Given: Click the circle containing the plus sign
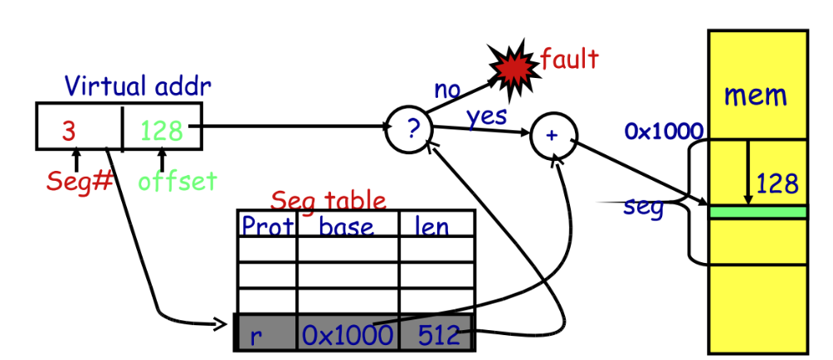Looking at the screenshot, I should [x=552, y=136].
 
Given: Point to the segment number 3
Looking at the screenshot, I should [x=71, y=130].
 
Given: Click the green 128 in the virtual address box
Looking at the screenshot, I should [x=161, y=130].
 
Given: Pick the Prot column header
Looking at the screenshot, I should [x=266, y=225].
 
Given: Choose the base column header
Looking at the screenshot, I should [x=347, y=226].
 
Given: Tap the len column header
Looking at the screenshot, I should [x=431, y=226].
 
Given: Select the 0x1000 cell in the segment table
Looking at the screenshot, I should [x=346, y=335].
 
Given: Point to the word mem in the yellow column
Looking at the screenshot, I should [x=755, y=95].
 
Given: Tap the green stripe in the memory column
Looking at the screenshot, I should [x=757, y=212].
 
